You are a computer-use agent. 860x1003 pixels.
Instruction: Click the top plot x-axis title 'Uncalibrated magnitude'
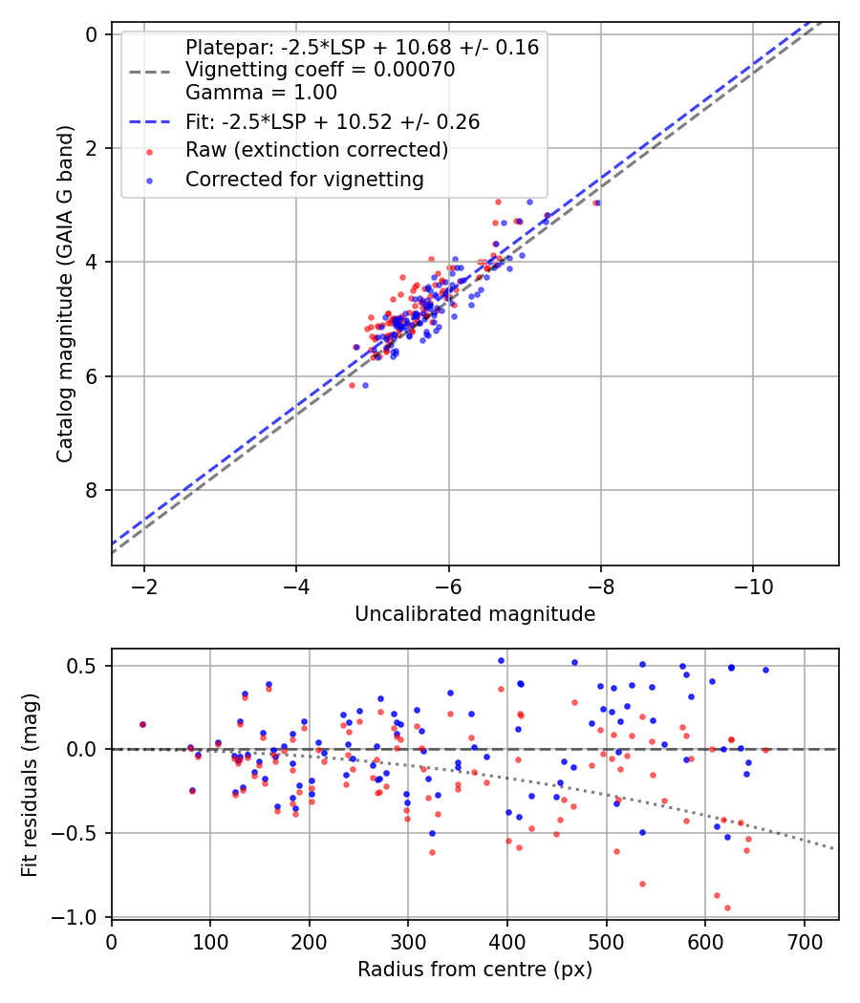click(x=475, y=614)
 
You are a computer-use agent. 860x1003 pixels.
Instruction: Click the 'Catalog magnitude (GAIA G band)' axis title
click(x=64, y=296)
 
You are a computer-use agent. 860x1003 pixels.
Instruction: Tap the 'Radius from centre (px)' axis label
click(x=475, y=970)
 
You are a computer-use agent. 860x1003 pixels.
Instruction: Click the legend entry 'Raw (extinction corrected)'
click(x=316, y=150)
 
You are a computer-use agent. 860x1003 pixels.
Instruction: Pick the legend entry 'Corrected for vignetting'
click(x=305, y=179)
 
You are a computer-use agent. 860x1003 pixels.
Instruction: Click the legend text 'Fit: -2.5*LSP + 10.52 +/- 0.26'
click(x=333, y=121)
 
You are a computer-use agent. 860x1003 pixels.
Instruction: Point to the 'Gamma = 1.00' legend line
click(x=261, y=93)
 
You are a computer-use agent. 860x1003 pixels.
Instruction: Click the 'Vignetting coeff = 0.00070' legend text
click(x=320, y=70)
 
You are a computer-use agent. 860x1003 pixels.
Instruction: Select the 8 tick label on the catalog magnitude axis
click(x=93, y=491)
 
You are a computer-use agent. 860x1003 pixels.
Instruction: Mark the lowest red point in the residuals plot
click(x=727, y=907)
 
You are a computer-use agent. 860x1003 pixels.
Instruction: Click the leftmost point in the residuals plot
click(x=142, y=724)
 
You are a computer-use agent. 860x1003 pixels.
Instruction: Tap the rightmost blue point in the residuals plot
click(x=765, y=670)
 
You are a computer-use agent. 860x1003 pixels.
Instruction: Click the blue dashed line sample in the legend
click(x=148, y=121)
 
